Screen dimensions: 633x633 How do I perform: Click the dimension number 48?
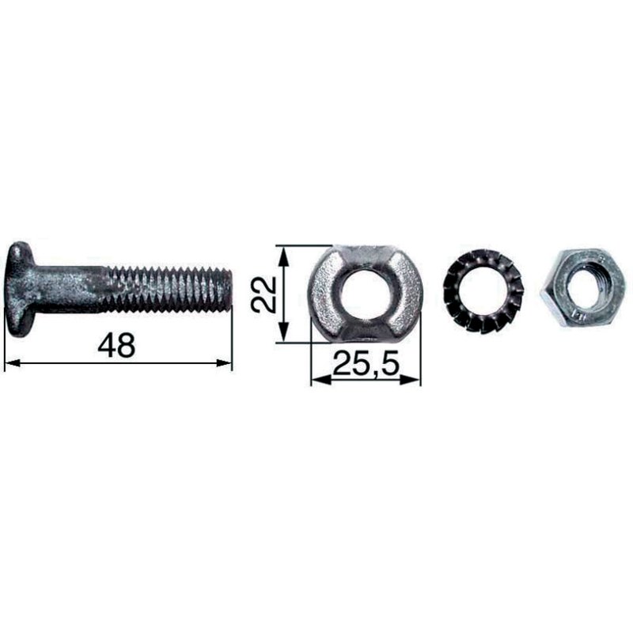pyautogui.click(x=116, y=345)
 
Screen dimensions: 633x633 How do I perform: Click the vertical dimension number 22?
pyautogui.click(x=263, y=294)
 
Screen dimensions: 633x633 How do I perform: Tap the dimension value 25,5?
pyautogui.click(x=366, y=363)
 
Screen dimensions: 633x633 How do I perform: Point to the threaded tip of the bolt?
pyautogui.click(x=227, y=289)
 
